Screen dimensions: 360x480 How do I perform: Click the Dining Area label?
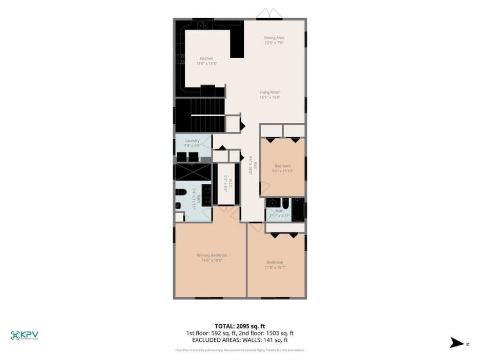click(x=274, y=37)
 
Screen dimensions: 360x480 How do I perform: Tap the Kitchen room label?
click(x=206, y=59)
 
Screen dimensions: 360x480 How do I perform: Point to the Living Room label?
click(x=270, y=92)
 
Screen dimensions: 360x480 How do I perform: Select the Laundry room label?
click(x=192, y=140)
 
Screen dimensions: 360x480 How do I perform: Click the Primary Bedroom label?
click(x=211, y=255)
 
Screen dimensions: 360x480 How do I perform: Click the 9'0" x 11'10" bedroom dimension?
click(x=283, y=171)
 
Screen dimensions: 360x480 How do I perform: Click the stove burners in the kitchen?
click(x=180, y=58)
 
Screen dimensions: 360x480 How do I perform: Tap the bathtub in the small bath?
click(x=298, y=209)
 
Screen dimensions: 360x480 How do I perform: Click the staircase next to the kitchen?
click(x=200, y=115)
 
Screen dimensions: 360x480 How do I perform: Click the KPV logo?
click(x=24, y=335)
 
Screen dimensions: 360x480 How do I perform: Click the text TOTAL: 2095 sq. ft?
click(x=240, y=326)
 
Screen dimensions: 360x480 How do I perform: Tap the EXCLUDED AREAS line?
click(x=240, y=340)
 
